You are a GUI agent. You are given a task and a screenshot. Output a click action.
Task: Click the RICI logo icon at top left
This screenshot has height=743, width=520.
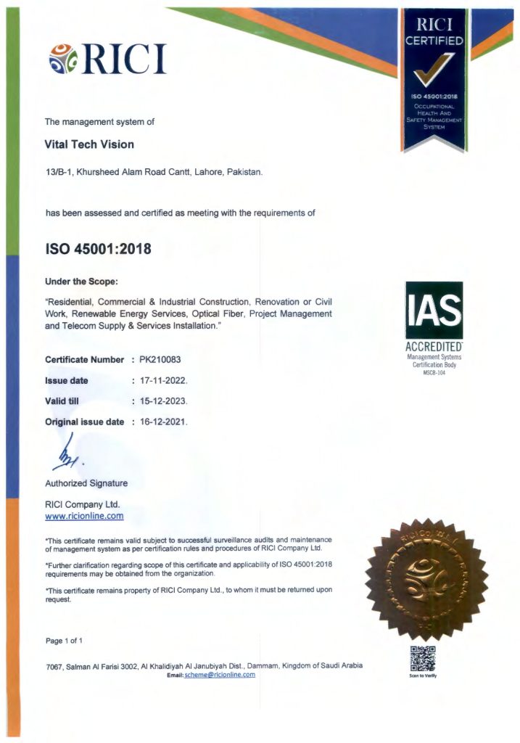[x=64, y=59]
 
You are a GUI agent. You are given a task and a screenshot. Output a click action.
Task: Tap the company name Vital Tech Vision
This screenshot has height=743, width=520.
[x=89, y=144]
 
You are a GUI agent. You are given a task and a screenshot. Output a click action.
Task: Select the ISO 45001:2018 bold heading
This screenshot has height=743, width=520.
[x=98, y=249]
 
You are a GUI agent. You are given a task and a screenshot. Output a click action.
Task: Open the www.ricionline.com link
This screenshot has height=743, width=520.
[x=84, y=517]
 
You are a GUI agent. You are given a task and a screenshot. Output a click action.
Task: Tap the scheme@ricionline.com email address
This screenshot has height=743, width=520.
[x=220, y=675]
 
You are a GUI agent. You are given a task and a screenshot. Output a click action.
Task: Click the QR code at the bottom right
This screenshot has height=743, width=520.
[x=423, y=658]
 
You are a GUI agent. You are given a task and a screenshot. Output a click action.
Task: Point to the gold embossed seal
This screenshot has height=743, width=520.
[x=426, y=579]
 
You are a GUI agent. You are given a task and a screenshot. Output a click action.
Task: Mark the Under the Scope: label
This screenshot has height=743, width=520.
[x=81, y=281]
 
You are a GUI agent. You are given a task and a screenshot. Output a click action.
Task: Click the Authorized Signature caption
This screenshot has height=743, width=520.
[x=86, y=483]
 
